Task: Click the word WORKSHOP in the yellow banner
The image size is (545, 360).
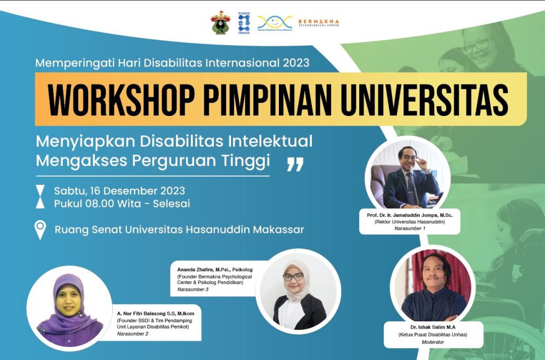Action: click(122, 99)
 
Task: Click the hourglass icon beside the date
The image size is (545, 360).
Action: click(40, 197)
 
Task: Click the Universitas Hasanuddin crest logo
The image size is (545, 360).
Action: click(220, 23)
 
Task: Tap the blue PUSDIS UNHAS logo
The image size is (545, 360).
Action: click(244, 23)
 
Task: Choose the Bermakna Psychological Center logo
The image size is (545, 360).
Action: click(318, 22)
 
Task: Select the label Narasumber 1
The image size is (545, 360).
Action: click(409, 228)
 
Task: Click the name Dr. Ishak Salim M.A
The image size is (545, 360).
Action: click(425, 326)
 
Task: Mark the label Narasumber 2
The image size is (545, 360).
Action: click(133, 333)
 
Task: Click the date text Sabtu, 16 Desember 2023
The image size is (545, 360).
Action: click(120, 191)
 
